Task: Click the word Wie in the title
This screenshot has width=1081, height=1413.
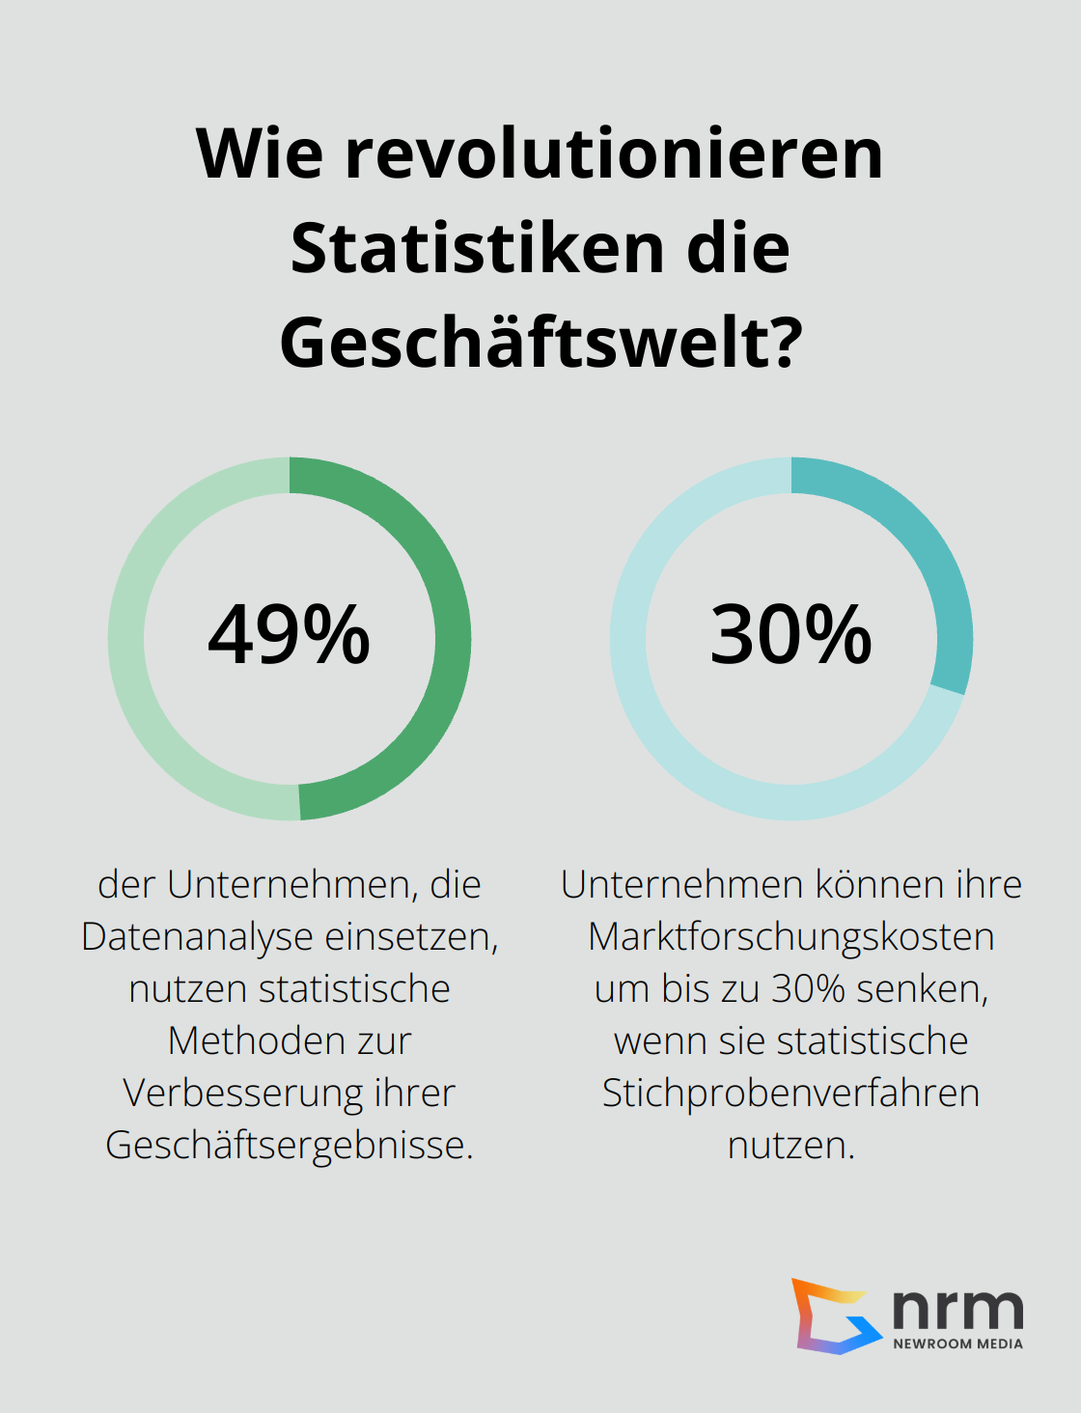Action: click(259, 153)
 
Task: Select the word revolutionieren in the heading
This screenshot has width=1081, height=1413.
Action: click(614, 153)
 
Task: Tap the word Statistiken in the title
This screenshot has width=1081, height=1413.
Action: click(478, 249)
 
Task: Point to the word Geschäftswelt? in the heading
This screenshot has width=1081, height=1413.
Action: click(540, 344)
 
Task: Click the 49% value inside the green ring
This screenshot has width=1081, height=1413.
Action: click(290, 635)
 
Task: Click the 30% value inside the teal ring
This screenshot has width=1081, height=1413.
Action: click(791, 635)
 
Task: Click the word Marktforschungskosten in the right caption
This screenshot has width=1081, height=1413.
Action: click(791, 937)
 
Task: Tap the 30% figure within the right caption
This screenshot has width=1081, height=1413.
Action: click(809, 989)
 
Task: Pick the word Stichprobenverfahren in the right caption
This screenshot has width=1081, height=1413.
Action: click(791, 1094)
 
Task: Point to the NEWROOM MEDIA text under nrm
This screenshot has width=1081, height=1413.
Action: click(957, 1344)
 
